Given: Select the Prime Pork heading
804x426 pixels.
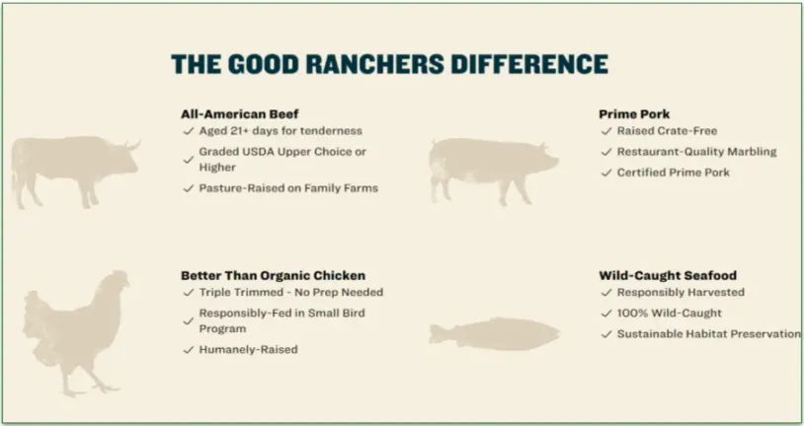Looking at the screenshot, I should pos(634,113).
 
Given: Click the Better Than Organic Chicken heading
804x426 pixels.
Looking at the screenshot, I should pos(273,275).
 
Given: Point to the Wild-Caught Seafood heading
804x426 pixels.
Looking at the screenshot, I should pos(668,275).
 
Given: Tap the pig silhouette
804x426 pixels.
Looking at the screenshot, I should pos(492,170).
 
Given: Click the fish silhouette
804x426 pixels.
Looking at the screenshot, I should pos(494,333).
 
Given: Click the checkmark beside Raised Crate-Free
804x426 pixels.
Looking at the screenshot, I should pos(606,131).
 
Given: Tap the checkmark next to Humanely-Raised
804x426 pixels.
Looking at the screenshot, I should pos(188,350).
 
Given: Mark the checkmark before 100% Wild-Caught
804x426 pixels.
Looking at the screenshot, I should pos(606,314).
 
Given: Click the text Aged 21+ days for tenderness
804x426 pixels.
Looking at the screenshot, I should pos(281,130).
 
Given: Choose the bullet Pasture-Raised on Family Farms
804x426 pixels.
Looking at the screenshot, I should pos(288,187).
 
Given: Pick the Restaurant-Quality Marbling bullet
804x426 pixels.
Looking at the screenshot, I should pos(696,152).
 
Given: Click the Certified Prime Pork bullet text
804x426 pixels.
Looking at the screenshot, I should pos(674,173).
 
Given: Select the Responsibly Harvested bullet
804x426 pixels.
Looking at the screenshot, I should pos(681,293).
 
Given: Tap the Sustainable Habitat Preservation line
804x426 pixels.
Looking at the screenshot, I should pos(708,334).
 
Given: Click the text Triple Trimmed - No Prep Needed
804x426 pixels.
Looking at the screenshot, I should pos(291,293).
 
